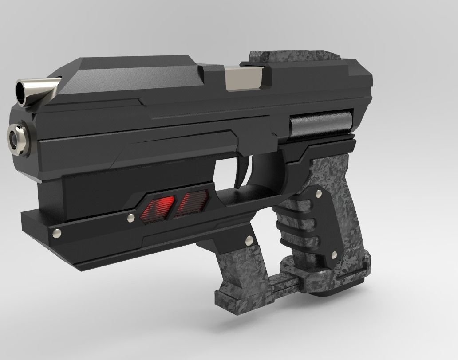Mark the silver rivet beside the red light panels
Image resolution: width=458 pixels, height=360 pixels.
click(130, 218)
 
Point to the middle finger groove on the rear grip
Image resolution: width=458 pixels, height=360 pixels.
click(293, 227)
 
